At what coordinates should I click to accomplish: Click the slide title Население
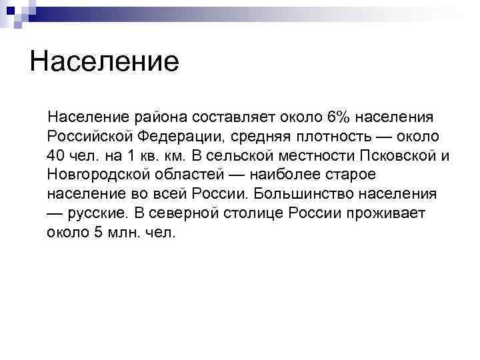(105, 62)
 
